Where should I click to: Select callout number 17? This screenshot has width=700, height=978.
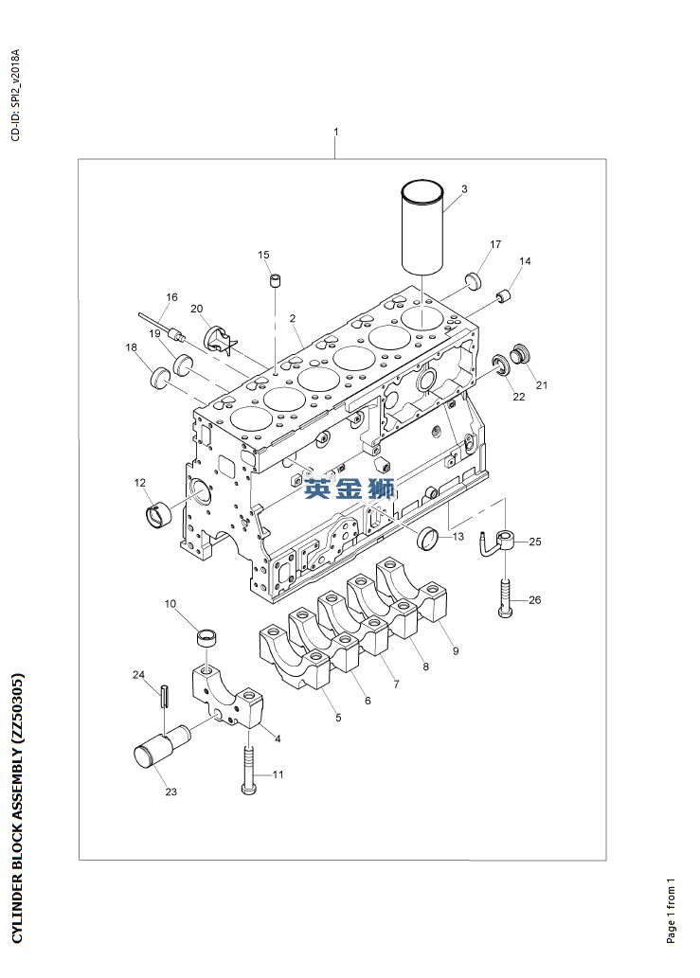click(494, 245)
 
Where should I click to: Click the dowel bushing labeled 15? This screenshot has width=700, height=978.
click(275, 281)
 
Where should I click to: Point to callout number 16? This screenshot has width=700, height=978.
click(171, 297)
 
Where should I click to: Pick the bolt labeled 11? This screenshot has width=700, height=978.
click(249, 768)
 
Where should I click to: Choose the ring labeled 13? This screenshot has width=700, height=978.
click(429, 539)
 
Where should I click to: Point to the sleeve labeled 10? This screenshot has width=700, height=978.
click(207, 636)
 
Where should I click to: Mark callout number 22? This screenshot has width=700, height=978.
click(518, 398)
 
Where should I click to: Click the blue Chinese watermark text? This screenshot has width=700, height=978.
click(349, 489)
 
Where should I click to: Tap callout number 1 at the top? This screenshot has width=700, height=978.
click(335, 132)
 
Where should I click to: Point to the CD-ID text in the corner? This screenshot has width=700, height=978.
click(14, 94)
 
